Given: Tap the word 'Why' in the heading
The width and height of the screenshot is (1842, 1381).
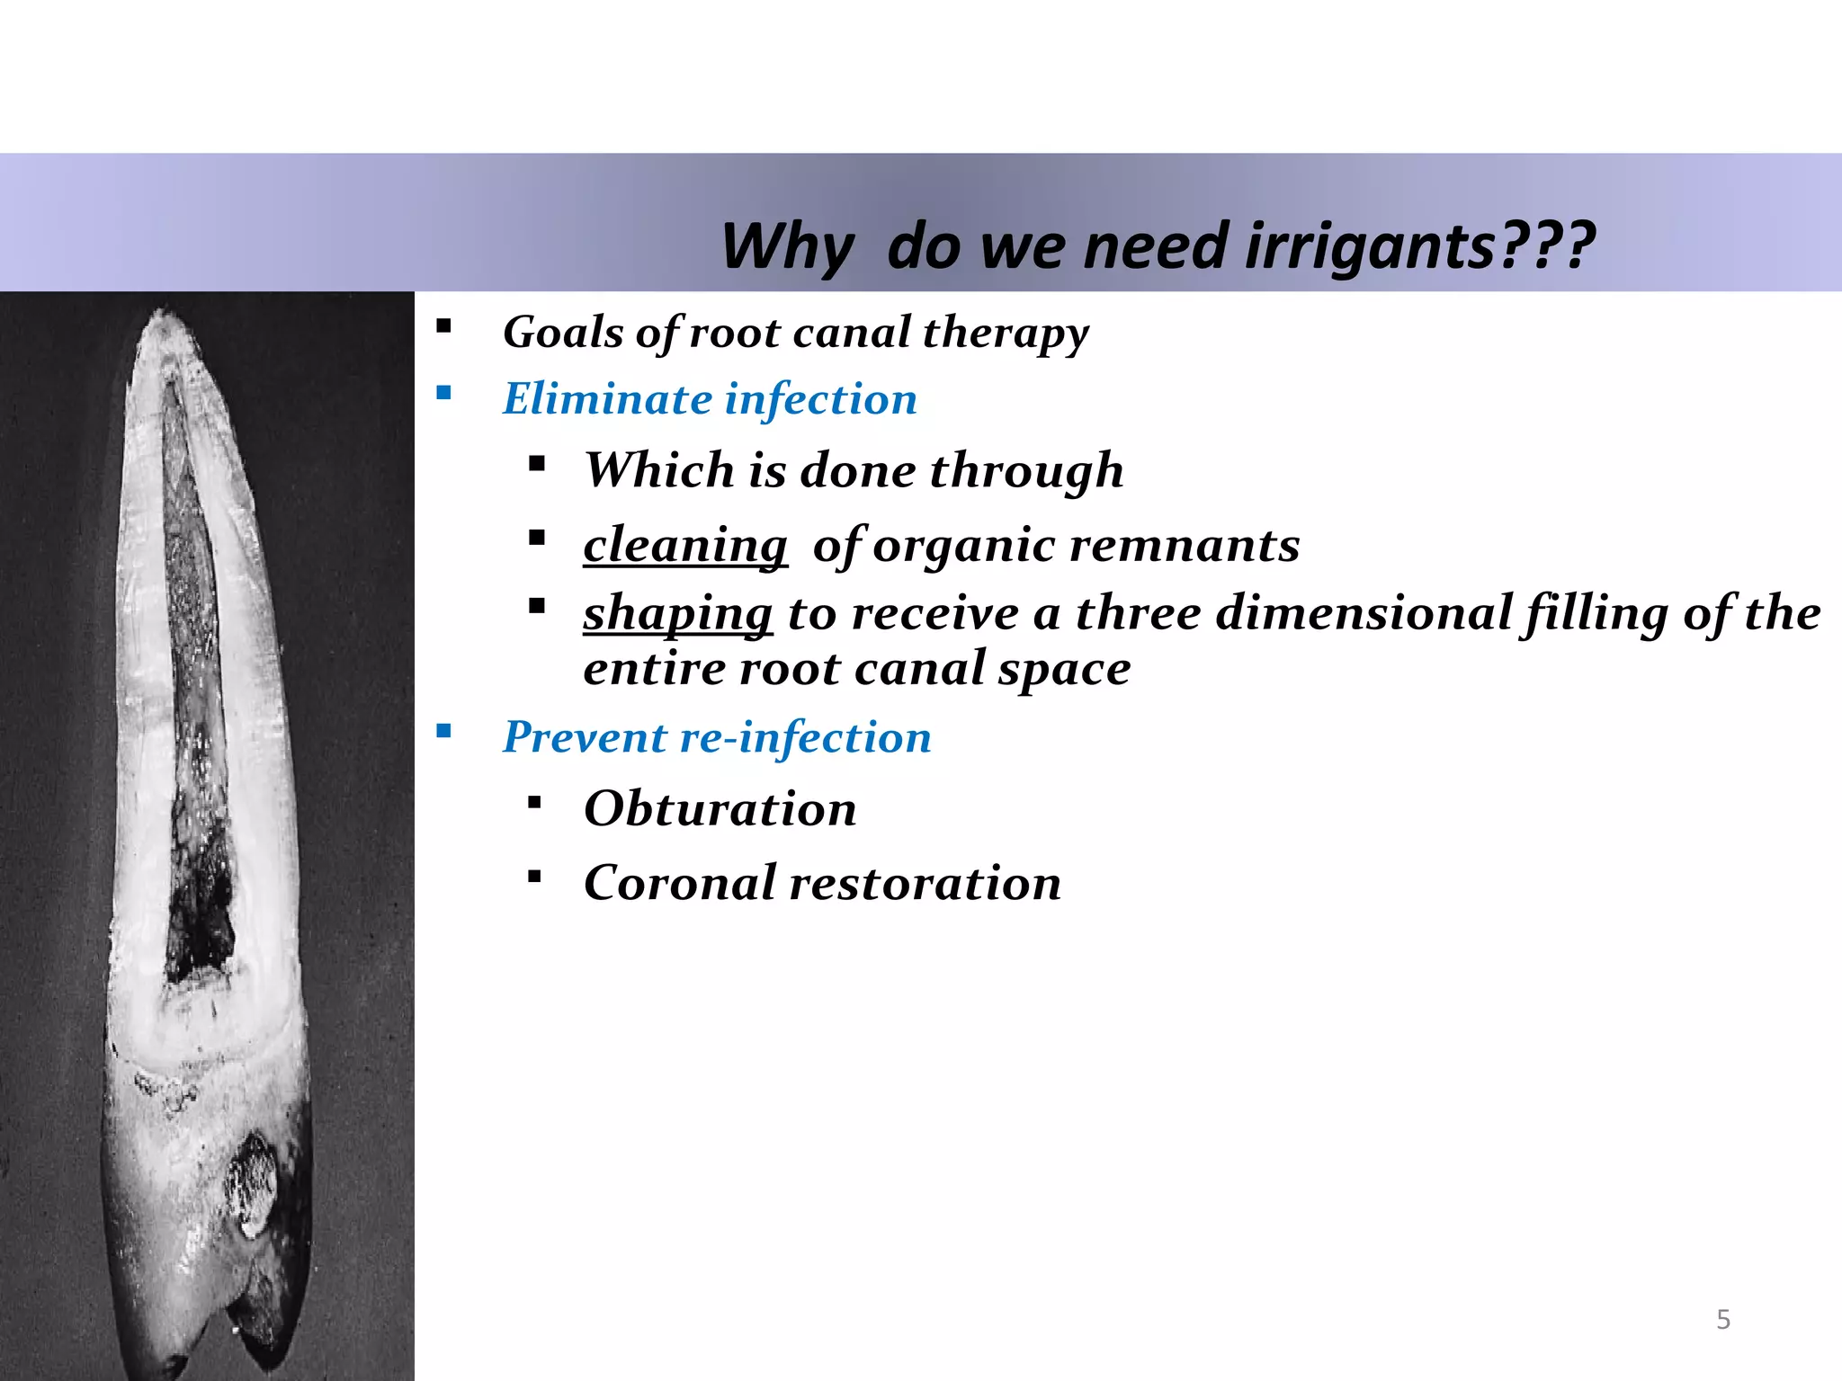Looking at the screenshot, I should (786, 246).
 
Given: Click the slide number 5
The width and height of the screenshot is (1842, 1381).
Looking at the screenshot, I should (1723, 1319).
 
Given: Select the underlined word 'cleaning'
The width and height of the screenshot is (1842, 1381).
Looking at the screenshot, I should (685, 545).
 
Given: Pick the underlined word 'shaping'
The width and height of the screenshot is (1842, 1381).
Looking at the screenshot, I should (677, 613).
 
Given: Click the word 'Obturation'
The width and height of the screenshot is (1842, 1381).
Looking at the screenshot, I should (720, 808).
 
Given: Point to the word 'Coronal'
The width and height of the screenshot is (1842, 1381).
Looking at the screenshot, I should (680, 882).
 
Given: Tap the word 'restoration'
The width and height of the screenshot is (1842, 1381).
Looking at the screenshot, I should (925, 882).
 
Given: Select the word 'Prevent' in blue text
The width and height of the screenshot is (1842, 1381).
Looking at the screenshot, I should (584, 737).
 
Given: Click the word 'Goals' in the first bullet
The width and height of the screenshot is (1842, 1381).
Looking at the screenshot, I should (563, 332).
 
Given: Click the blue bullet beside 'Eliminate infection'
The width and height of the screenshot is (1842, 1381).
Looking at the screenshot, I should (443, 393).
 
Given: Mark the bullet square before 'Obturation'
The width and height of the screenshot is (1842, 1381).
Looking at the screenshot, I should (535, 802).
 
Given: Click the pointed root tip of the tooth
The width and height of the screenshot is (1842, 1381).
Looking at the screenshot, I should (163, 315).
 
